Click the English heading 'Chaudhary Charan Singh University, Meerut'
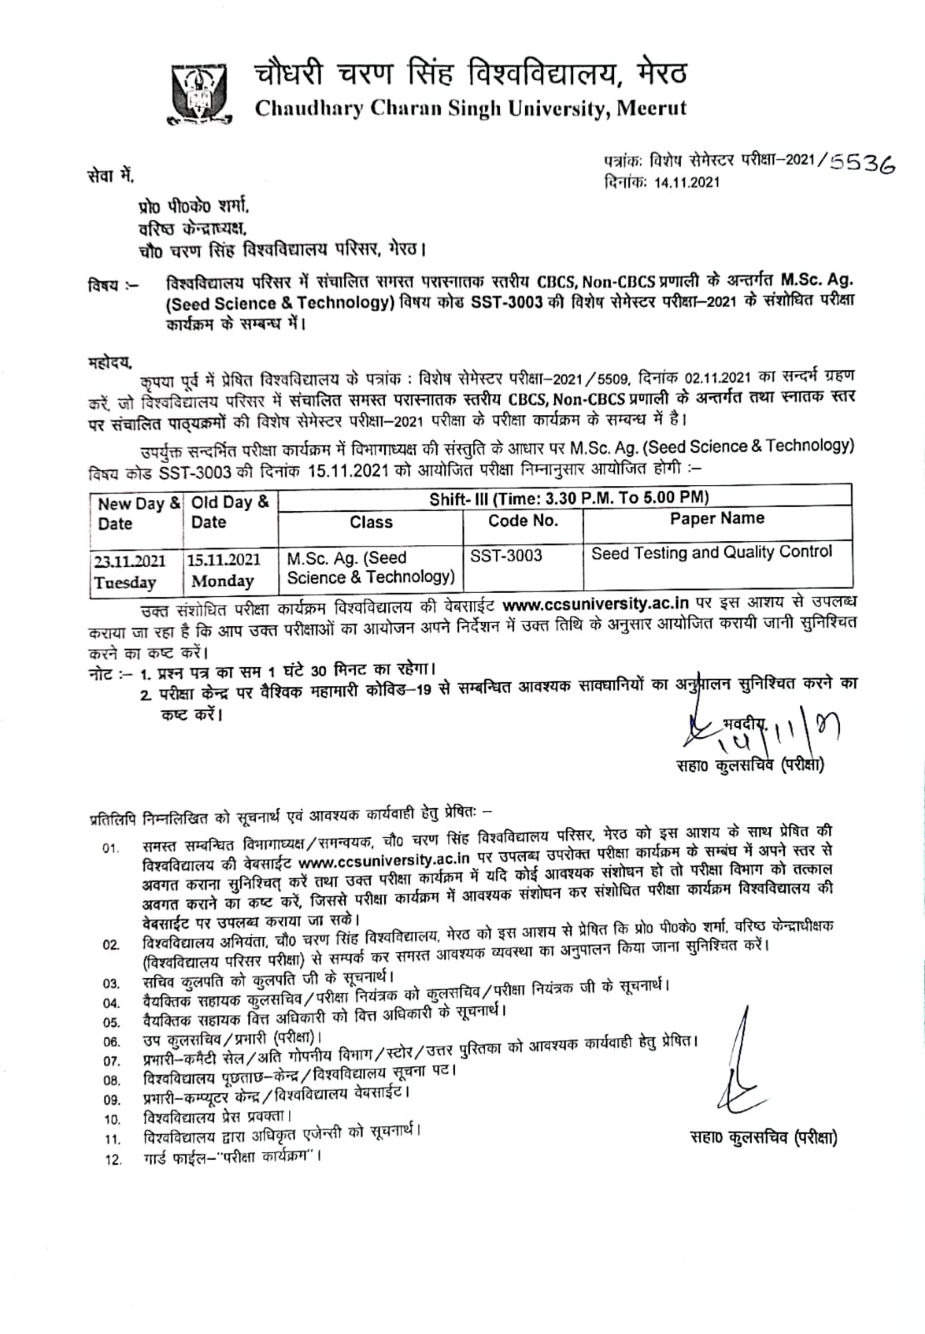click(471, 108)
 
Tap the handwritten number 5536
click(858, 163)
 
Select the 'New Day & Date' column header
click(137, 514)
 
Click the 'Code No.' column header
click(522, 521)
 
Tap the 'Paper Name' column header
click(717, 519)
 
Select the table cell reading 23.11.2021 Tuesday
click(130, 570)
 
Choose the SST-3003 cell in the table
click(506, 555)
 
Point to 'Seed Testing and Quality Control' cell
click(712, 552)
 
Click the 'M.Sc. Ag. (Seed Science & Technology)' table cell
click(370, 567)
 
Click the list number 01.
click(111, 849)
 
